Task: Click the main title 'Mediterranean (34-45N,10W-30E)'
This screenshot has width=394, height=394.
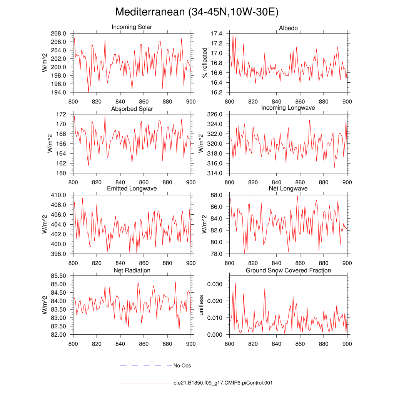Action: coord(197,12)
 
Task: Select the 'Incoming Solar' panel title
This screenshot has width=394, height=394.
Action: coord(132,27)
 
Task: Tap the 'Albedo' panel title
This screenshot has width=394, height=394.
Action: coord(288,28)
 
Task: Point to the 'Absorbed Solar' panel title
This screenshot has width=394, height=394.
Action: coord(132,109)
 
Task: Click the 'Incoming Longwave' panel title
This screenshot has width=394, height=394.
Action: coord(288,108)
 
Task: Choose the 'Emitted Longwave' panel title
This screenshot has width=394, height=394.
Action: coord(132,189)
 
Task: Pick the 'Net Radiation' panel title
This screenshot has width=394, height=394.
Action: coord(132,270)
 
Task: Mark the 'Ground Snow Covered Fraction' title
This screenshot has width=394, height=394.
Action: coord(288,270)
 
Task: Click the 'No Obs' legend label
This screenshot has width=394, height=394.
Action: coord(182,366)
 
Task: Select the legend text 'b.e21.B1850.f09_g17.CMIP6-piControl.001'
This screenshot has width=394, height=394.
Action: coord(223,383)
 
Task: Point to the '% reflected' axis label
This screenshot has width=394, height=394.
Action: coord(205,63)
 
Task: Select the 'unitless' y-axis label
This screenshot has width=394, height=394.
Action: coord(201,305)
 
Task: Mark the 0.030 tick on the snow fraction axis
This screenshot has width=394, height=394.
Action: coord(215,284)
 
